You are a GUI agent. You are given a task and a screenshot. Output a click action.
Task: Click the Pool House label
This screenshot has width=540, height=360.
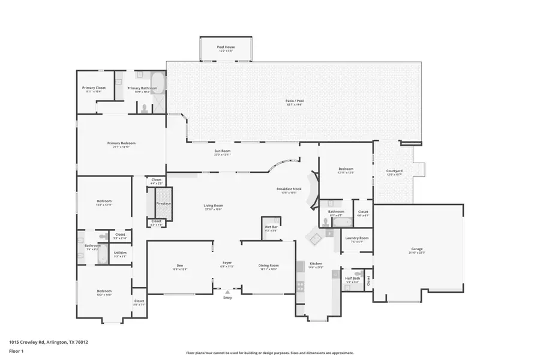click(x=226, y=46)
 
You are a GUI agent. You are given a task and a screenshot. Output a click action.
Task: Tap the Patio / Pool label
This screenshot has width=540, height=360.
click(x=295, y=101)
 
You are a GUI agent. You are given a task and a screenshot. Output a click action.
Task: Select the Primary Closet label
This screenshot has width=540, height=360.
click(x=94, y=88)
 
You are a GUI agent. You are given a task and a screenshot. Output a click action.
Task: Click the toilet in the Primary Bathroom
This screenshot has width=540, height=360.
click(x=144, y=108)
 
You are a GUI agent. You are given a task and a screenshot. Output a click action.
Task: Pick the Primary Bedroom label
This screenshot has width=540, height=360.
click(x=121, y=143)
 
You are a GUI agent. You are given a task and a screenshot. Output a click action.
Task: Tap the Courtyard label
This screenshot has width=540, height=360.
click(x=394, y=171)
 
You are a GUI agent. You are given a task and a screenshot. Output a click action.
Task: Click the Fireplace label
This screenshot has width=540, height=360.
click(x=164, y=203)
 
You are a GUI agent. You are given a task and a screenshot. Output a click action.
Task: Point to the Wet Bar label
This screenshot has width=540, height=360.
click(x=271, y=227)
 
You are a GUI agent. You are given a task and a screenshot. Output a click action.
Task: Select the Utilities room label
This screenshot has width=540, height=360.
click(x=120, y=253)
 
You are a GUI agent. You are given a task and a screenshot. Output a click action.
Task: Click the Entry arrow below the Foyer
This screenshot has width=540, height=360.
click(x=227, y=292)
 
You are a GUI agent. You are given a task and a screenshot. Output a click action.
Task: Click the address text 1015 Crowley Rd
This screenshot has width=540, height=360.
click(x=49, y=342)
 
